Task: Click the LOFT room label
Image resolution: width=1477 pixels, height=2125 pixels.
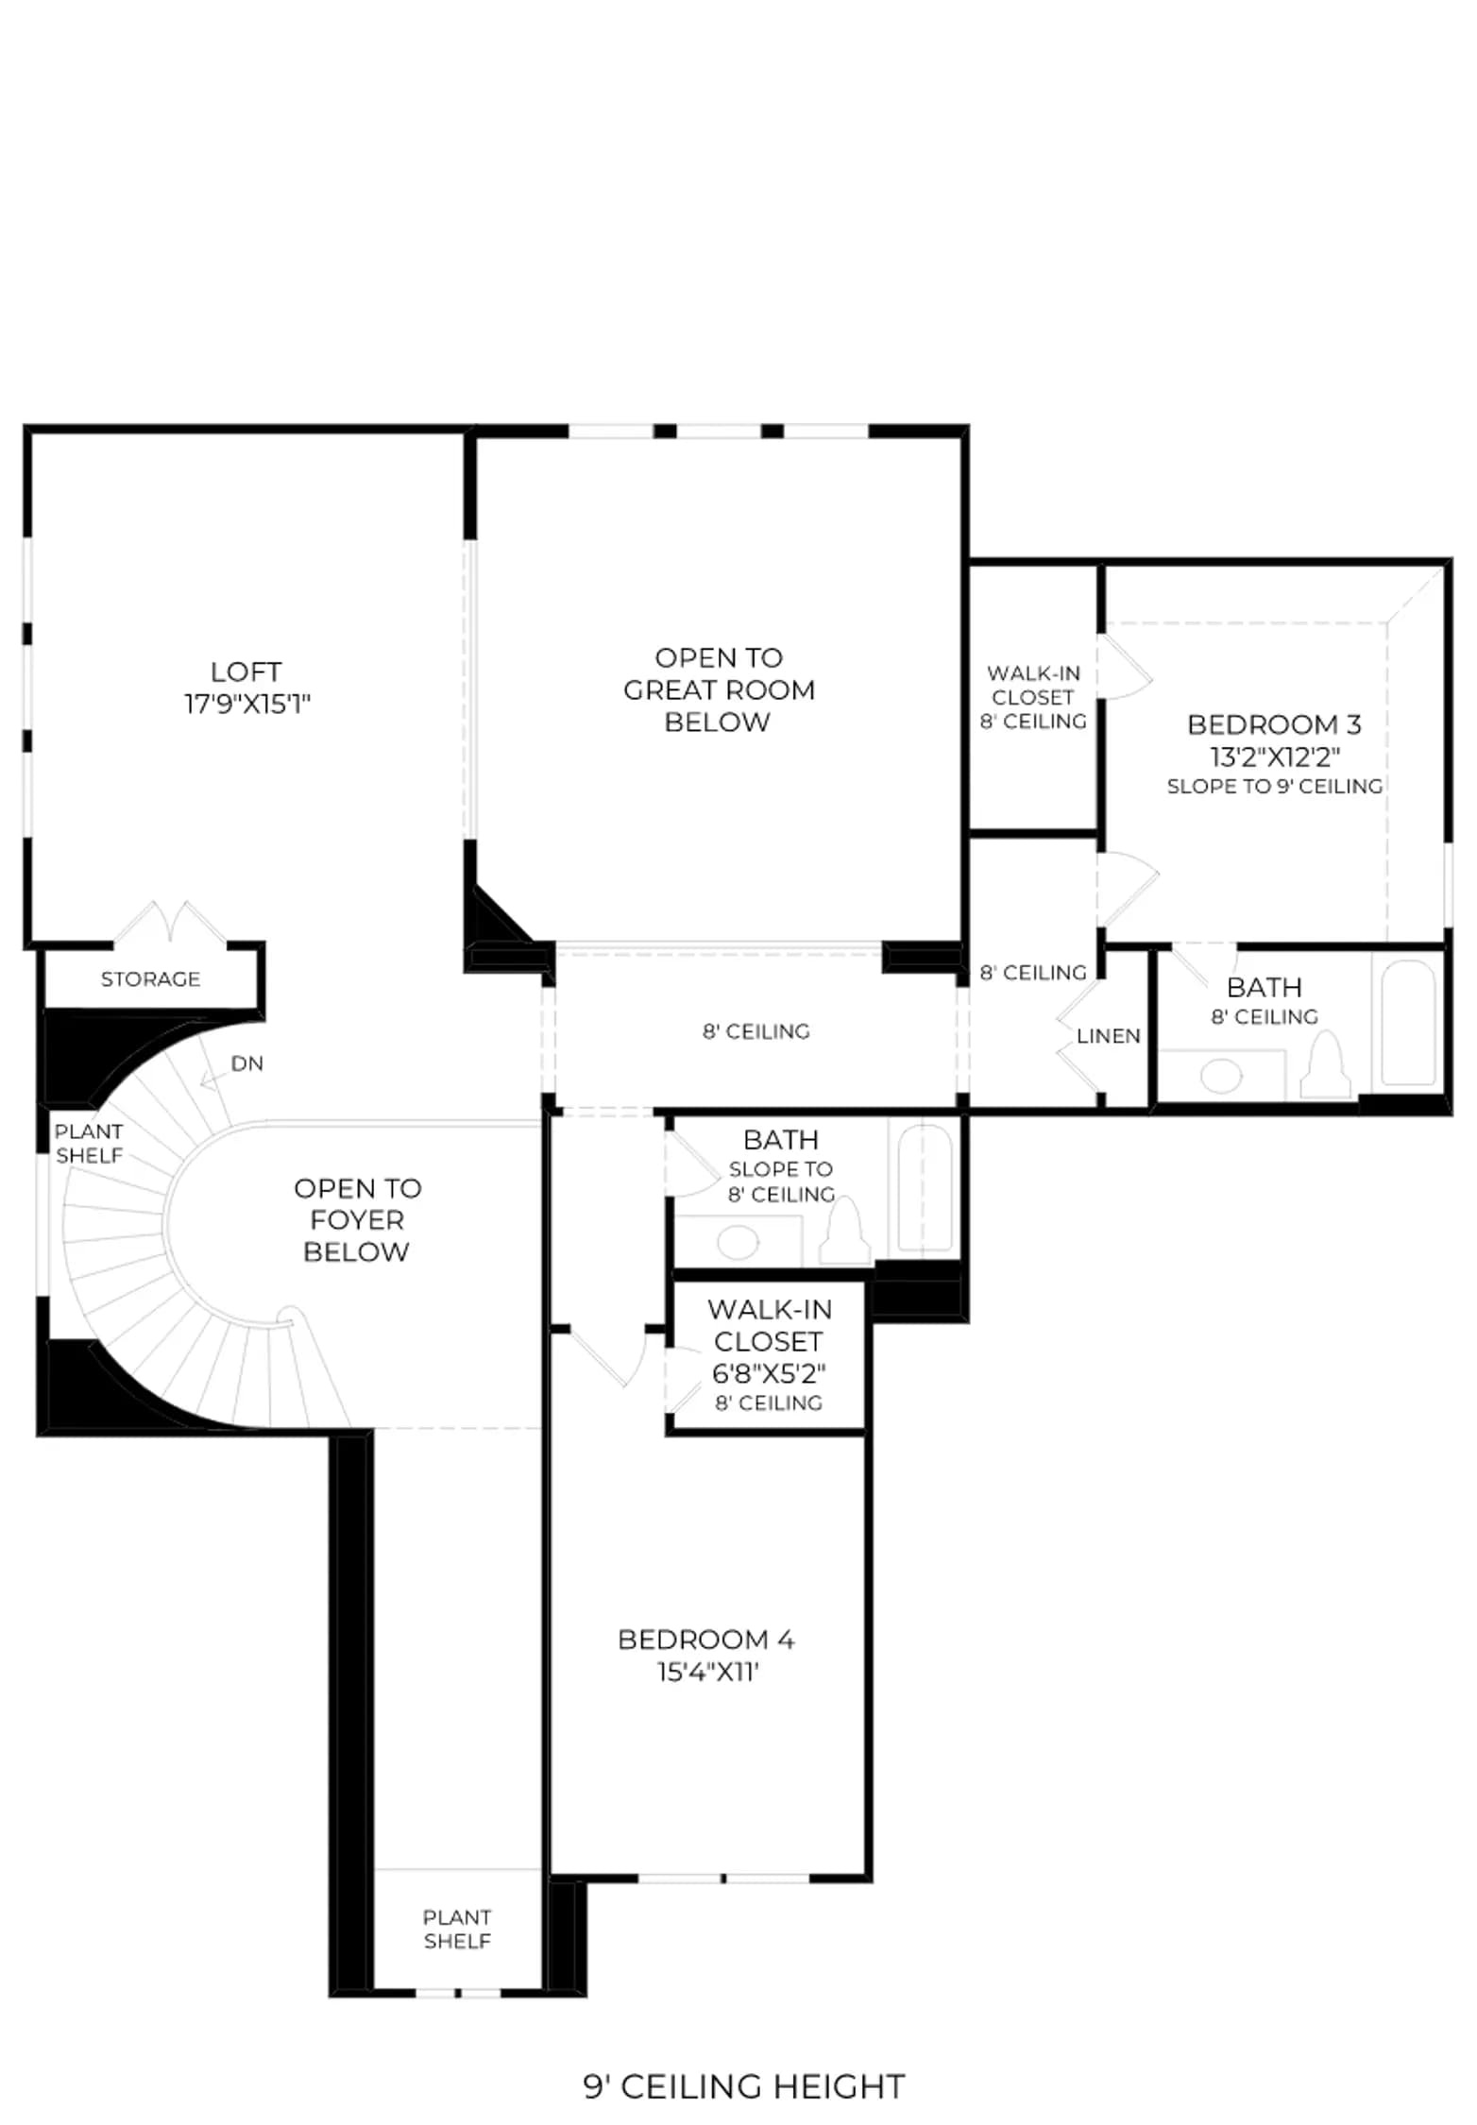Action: coord(246,671)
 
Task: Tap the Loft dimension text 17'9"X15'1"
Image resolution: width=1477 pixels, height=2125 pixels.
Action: coord(247,704)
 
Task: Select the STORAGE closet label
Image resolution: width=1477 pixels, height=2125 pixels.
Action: coord(151,978)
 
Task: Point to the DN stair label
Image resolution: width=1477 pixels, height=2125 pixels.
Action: coord(247,1063)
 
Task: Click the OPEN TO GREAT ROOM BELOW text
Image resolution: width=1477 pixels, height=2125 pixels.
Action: coord(719,689)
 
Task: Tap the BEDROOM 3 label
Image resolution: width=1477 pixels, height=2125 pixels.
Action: coord(1274,724)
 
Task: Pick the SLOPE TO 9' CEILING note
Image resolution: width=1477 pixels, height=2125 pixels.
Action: coord(1275,786)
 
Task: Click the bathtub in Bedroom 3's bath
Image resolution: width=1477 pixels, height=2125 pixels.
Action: coord(1409,1024)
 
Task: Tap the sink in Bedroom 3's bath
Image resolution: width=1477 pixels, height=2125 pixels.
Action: coord(1221,1076)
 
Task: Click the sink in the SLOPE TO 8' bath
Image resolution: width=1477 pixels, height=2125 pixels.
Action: coord(738,1242)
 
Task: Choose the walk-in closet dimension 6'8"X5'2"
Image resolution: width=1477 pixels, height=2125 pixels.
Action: coord(769,1372)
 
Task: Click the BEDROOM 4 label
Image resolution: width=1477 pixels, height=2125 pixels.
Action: coord(706,1639)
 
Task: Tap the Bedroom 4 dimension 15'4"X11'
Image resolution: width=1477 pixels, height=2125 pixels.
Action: coord(708,1672)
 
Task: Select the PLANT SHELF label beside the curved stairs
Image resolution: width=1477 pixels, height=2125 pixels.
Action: coord(89,1143)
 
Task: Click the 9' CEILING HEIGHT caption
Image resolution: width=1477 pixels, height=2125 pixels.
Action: coord(744,2085)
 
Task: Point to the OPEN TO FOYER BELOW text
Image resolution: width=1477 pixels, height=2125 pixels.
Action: coord(357,1219)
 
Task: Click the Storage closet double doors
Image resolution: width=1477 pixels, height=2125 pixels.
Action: coord(171,923)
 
